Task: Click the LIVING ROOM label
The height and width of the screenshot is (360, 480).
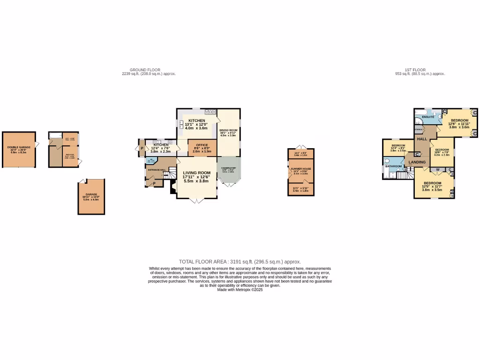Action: (196, 172)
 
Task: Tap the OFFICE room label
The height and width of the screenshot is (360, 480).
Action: (202, 145)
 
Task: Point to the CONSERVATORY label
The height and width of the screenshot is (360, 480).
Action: (228, 168)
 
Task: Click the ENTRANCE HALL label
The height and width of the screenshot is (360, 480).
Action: (157, 170)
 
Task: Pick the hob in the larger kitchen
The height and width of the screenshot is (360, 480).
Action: (210, 112)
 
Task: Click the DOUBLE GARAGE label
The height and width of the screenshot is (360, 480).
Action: (19, 147)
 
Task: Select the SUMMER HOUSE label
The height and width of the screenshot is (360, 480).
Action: (300, 168)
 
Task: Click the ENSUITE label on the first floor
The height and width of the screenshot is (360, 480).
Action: (428, 117)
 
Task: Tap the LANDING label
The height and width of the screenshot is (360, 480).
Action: (417, 162)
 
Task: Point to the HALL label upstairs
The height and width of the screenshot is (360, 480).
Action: (422, 139)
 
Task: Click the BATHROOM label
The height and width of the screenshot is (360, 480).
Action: (393, 166)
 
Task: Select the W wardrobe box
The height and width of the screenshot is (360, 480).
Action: (437, 169)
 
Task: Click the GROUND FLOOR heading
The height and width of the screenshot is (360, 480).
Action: (145, 70)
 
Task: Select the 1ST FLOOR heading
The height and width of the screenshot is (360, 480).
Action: (415, 70)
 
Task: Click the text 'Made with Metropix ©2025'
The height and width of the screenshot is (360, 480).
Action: (240, 290)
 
